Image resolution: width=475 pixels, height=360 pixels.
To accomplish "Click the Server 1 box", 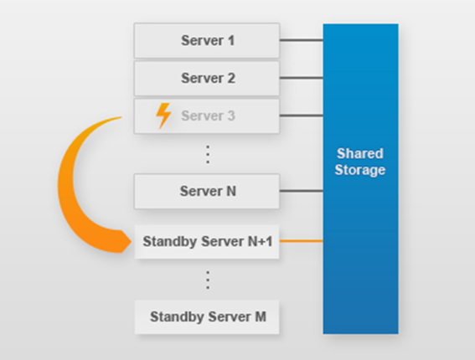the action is (x=207, y=40).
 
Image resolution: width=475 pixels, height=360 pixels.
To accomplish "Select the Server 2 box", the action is (x=207, y=79).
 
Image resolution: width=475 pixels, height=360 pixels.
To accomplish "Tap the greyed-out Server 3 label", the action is (x=208, y=116).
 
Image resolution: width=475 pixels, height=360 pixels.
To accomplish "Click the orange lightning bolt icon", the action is (x=163, y=116).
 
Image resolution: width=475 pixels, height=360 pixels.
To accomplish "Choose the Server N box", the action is (x=207, y=192).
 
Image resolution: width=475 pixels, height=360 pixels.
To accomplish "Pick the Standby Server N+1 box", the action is (x=207, y=242).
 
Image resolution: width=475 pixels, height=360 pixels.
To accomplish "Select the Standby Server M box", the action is (x=207, y=317).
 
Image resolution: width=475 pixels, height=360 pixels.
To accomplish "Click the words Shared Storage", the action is (x=360, y=162).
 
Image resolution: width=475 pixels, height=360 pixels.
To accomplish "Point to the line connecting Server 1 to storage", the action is (x=302, y=40).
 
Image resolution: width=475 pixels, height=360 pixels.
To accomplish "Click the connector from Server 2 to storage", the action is (x=302, y=78).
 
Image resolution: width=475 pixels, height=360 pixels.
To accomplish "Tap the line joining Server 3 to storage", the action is (x=302, y=116).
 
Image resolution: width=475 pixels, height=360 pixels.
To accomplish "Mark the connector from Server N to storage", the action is (x=302, y=191).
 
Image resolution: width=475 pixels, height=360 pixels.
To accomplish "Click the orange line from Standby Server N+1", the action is (x=302, y=241).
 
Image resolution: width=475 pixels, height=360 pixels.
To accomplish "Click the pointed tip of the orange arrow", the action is (x=132, y=242).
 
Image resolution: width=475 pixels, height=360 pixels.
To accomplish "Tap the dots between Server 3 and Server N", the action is (x=208, y=154).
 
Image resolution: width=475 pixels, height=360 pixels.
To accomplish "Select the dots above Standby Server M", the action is (x=208, y=280).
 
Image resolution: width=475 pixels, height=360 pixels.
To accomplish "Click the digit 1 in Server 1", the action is (x=231, y=40).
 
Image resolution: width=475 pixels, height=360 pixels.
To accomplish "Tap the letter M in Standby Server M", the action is (x=261, y=317).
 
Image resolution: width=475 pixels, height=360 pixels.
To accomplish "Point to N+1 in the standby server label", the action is (x=260, y=242).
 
